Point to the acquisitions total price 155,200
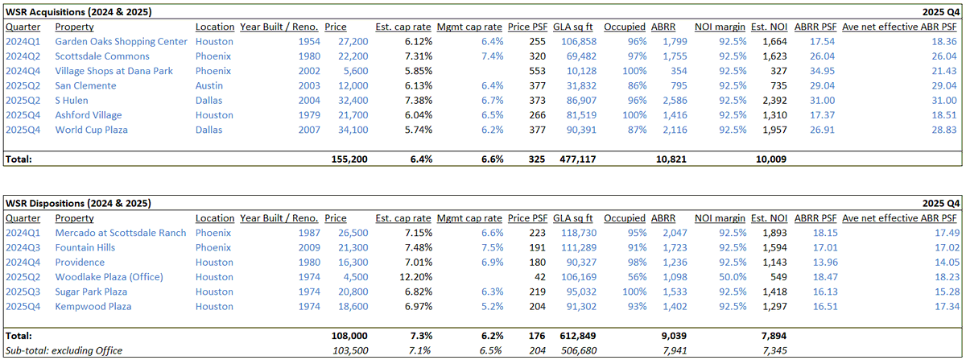click(349, 159)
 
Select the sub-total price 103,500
click(350, 350)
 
